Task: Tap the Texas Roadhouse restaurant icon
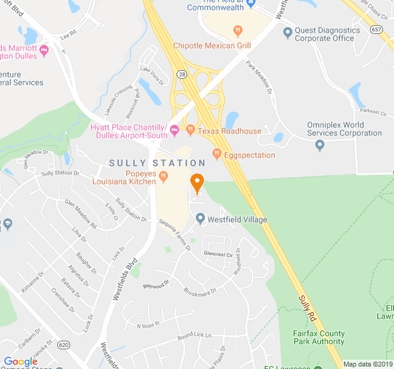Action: pyautogui.click(x=191, y=130)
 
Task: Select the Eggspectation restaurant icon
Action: pyautogui.click(x=216, y=154)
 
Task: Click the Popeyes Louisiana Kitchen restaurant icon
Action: pyautogui.click(x=164, y=177)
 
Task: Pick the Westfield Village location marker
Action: pyautogui.click(x=200, y=219)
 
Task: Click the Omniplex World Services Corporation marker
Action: pyautogui.click(x=320, y=145)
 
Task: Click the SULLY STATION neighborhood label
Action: pyautogui.click(x=157, y=163)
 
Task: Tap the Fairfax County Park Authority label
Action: pyautogui.click(x=318, y=337)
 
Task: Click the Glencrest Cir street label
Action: pyautogui.click(x=218, y=254)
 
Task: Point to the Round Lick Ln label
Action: pyautogui.click(x=194, y=336)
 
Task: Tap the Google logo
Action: pyautogui.click(x=20, y=362)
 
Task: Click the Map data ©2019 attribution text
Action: pyautogui.click(x=368, y=364)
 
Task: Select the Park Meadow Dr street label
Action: pyautogui.click(x=259, y=76)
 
